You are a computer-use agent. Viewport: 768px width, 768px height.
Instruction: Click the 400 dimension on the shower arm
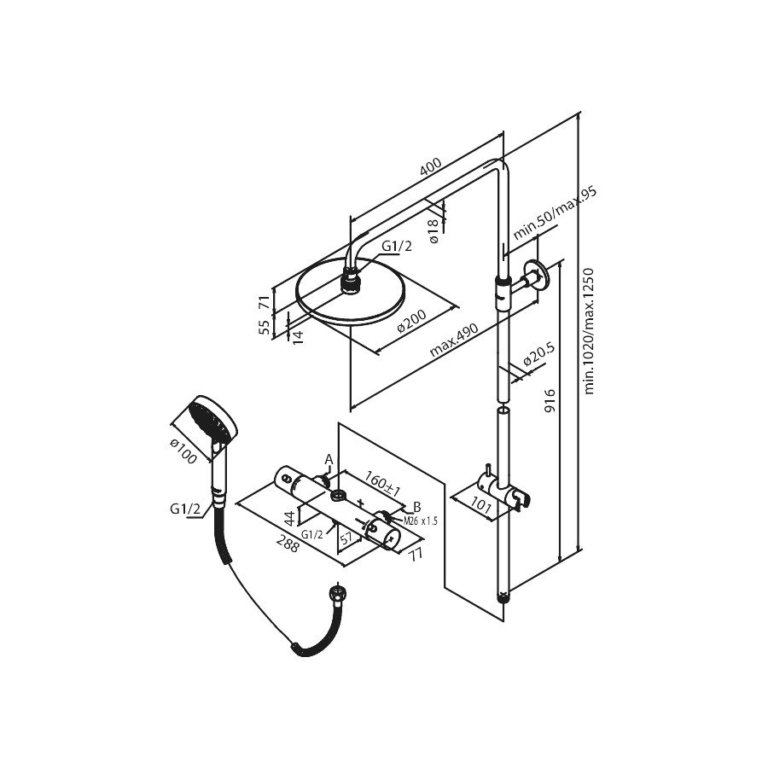(x=431, y=166)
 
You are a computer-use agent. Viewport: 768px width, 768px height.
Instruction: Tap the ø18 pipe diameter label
(x=433, y=231)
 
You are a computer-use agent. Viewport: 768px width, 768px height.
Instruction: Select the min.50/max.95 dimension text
(x=555, y=213)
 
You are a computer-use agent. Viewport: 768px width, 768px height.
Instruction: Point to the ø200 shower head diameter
(x=411, y=321)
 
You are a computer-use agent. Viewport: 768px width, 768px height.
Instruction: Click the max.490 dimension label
(x=454, y=340)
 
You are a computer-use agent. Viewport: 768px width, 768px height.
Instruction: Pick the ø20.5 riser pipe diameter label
(x=538, y=354)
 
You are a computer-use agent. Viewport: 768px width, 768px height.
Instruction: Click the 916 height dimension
(x=550, y=400)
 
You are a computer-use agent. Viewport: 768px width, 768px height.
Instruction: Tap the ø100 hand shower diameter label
(x=183, y=451)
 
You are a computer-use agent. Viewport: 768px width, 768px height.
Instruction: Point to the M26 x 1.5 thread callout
(x=421, y=521)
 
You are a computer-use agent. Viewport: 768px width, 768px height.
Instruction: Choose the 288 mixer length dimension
(x=288, y=544)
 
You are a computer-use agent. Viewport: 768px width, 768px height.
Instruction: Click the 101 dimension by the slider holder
(x=480, y=506)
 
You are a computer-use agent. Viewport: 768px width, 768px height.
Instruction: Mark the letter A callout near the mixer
(x=329, y=459)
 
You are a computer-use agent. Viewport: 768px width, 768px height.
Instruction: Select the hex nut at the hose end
(x=336, y=589)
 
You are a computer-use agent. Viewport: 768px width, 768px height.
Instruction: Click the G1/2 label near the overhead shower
(x=397, y=246)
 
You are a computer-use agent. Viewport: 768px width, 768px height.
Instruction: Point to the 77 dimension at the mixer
(x=416, y=554)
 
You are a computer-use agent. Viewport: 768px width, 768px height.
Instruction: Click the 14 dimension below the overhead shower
(x=298, y=336)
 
